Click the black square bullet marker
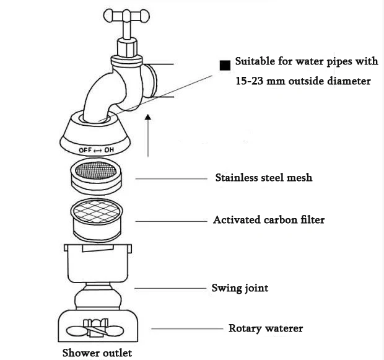(225, 66)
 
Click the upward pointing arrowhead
(147, 117)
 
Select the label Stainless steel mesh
(264, 178)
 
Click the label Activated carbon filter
(269, 220)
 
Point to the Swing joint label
(240, 288)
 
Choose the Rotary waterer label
(266, 328)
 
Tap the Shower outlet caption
(97, 353)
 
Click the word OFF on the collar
(85, 150)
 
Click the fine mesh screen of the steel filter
(95, 169)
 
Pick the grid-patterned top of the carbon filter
(97, 210)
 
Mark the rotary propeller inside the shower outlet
(95, 328)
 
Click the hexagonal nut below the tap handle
(127, 48)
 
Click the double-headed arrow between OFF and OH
(98, 150)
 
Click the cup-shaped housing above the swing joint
(98, 263)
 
